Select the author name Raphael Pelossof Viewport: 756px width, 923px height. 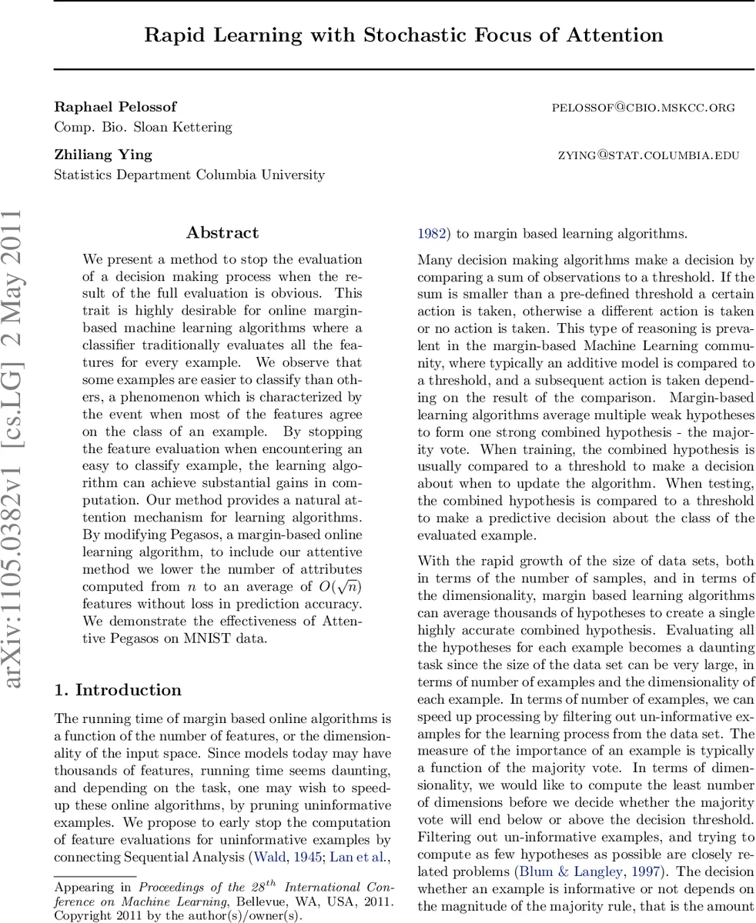click(115, 107)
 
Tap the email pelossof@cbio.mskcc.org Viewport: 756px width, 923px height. click(643, 108)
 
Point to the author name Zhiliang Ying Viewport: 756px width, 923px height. click(103, 155)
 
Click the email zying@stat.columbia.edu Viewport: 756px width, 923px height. click(648, 155)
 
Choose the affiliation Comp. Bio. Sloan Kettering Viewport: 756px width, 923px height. click(143, 127)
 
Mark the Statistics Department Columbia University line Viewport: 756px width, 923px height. click(189, 175)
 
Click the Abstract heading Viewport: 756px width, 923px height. click(222, 233)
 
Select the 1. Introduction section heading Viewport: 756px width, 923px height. click(118, 690)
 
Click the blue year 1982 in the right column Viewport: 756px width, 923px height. click(431, 234)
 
